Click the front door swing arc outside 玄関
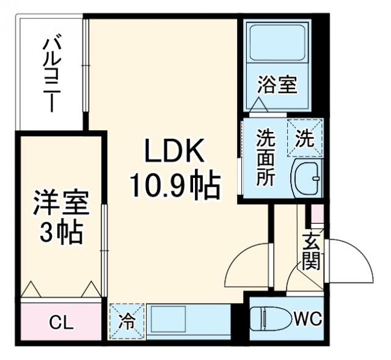coord(351,260)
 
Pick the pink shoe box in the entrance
coord(316,214)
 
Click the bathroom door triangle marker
coord(258,106)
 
